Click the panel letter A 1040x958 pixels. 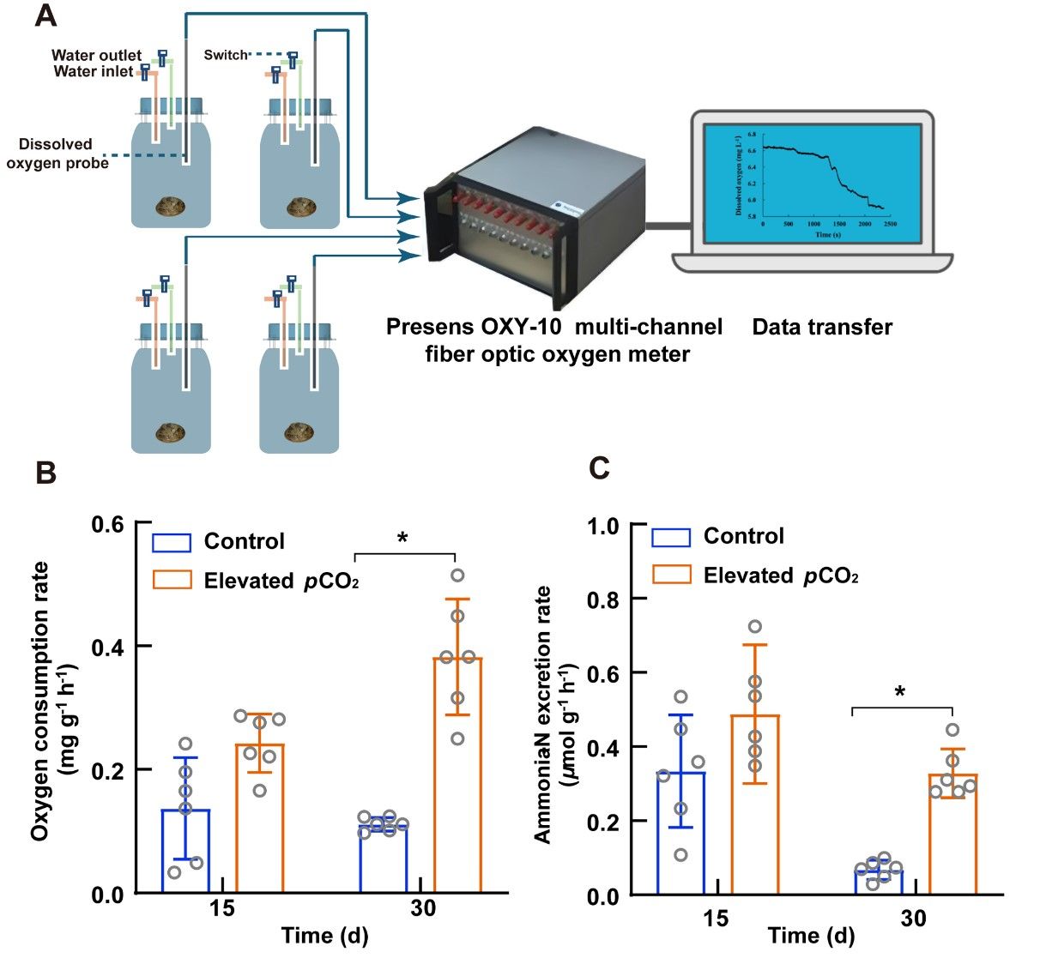click(x=46, y=15)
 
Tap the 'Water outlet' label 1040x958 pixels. click(x=96, y=56)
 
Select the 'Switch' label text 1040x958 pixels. click(x=225, y=55)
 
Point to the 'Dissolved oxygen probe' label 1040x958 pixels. click(x=57, y=153)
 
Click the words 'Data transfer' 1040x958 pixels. click(x=821, y=327)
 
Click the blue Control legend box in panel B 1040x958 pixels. click(x=171, y=543)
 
